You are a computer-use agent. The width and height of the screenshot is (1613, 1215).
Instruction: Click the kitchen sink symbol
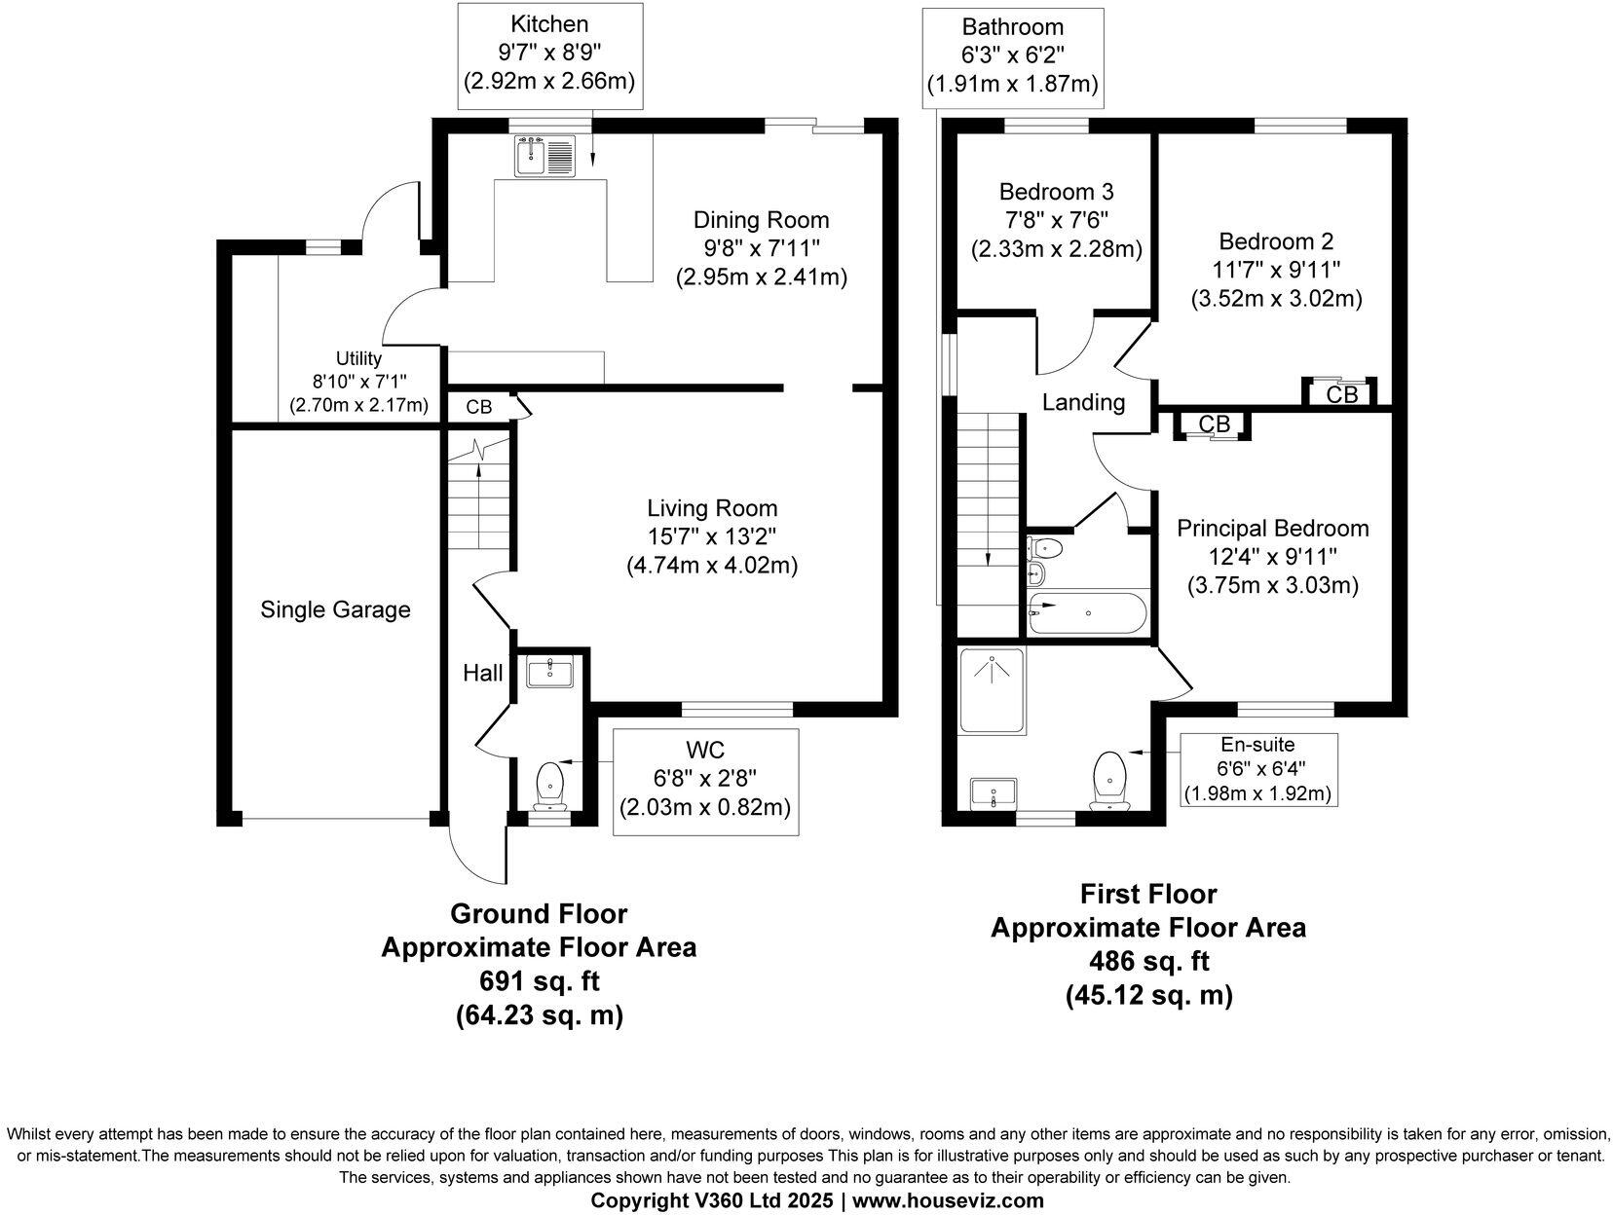pyautogui.click(x=546, y=157)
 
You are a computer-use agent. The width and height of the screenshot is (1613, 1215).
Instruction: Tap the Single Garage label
pyautogui.click(x=335, y=609)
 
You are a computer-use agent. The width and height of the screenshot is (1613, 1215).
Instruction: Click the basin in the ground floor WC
pyautogui.click(x=551, y=671)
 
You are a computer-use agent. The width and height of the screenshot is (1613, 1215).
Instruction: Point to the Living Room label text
pyautogui.click(x=712, y=507)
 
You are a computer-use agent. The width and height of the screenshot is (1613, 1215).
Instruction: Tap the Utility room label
pyautogui.click(x=358, y=358)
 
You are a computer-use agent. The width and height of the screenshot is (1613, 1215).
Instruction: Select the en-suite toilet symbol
pyautogui.click(x=1109, y=779)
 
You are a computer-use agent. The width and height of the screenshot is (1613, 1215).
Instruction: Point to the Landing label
pyautogui.click(x=1083, y=402)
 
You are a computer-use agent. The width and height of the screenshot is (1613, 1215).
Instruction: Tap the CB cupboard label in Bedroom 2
pyautogui.click(x=1342, y=394)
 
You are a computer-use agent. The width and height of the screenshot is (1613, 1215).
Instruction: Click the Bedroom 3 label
pyautogui.click(x=1056, y=192)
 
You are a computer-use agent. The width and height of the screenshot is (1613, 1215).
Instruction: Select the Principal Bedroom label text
pyautogui.click(x=1272, y=528)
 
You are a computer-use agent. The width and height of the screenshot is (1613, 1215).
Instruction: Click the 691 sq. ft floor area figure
pyautogui.click(x=539, y=981)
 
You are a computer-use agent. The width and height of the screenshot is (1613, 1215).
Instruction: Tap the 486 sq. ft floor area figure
pyautogui.click(x=1148, y=962)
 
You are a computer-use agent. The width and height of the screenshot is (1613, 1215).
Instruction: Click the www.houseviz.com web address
pyautogui.click(x=947, y=1200)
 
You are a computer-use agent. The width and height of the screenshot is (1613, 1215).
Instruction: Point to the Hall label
pyautogui.click(x=482, y=673)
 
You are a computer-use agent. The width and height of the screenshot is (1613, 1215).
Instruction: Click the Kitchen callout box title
pyautogui.click(x=550, y=23)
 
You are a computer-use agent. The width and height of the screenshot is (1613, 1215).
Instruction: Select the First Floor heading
pyautogui.click(x=1148, y=894)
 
